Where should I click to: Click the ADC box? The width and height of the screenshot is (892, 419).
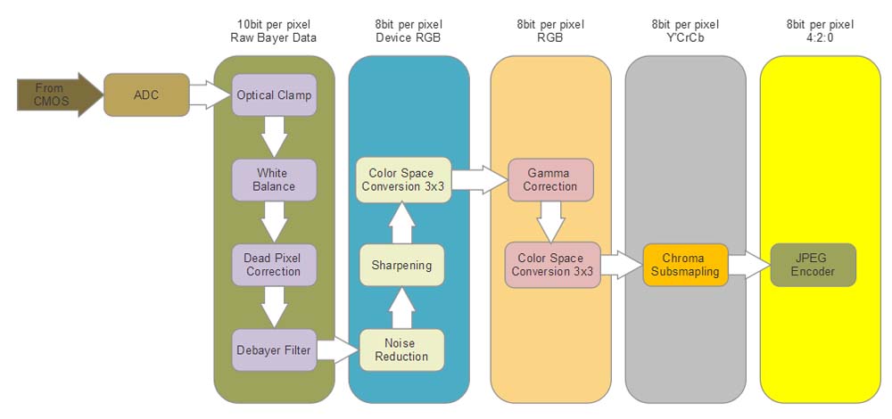(146, 94)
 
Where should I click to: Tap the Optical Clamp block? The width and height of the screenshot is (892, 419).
(274, 94)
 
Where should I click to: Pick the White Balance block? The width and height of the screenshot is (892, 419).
(274, 179)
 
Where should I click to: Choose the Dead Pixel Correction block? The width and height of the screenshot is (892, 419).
(274, 265)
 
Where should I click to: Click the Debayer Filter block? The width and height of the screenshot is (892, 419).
(274, 349)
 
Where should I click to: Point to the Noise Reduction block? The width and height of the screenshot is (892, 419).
(401, 349)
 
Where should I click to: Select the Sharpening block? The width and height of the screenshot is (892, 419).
(401, 265)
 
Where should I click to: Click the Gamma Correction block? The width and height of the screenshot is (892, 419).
(550, 179)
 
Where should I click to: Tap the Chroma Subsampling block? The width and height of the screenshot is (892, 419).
(685, 265)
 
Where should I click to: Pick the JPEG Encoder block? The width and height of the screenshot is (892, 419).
(813, 265)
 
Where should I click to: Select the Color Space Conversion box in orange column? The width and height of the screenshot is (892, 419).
(550, 265)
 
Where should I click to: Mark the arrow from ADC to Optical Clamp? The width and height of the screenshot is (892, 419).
(211, 94)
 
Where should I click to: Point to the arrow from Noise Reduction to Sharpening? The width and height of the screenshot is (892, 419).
(401, 308)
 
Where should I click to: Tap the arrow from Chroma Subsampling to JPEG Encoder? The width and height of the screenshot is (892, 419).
(749, 265)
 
